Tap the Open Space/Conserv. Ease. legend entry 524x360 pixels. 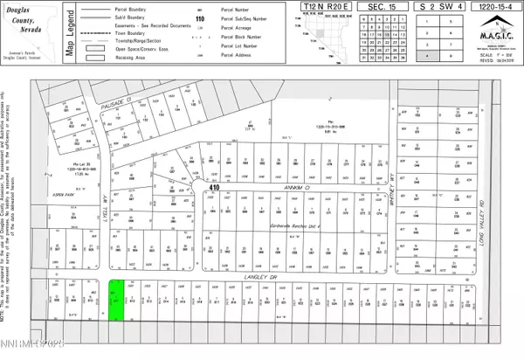136,63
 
